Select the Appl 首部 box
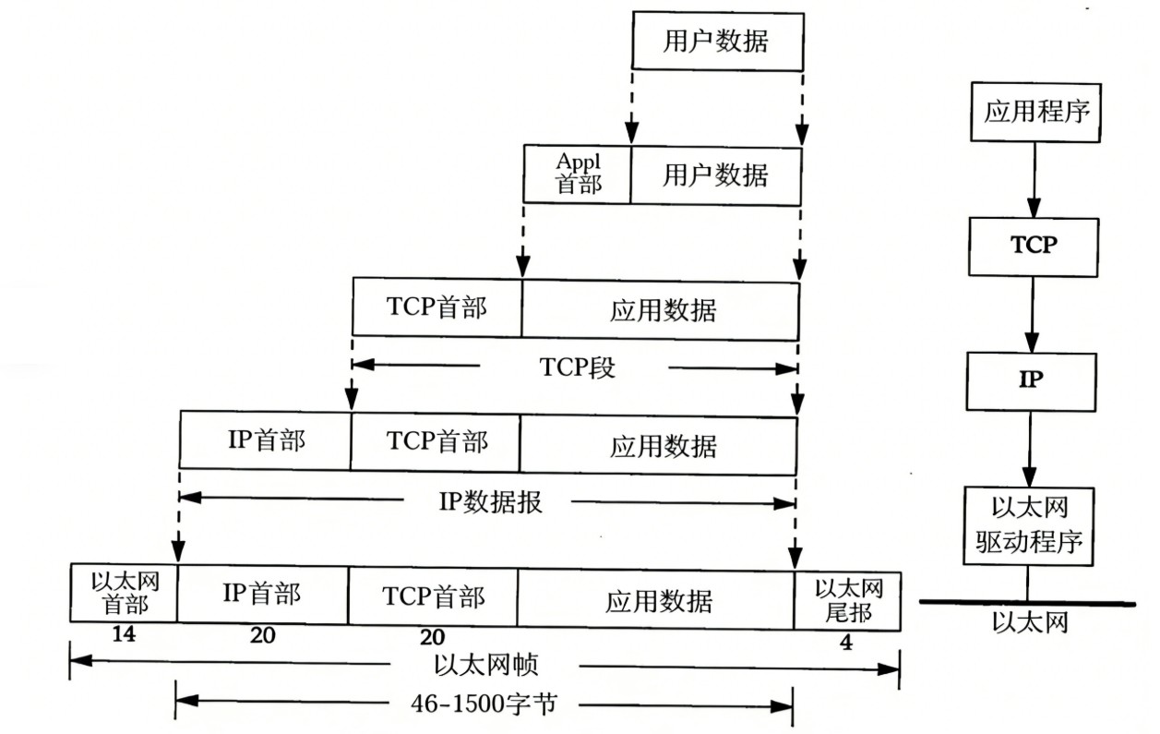pyautogui.click(x=578, y=174)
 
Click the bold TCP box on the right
pyautogui.click(x=1033, y=247)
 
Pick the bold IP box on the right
pyautogui.click(x=1031, y=379)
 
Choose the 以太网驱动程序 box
pyautogui.click(x=1028, y=525)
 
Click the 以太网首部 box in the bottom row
pyautogui.click(x=124, y=597)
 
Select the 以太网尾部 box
pyautogui.click(x=848, y=600)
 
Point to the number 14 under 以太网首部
pyautogui.click(x=124, y=635)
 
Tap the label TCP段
pyautogui.click(x=578, y=368)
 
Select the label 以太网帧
pyautogui.click(x=485, y=665)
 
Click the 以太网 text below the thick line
pyautogui.click(x=1030, y=623)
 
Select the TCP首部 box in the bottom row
pyautogui.click(x=433, y=597)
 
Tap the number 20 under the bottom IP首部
pyautogui.click(x=263, y=637)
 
